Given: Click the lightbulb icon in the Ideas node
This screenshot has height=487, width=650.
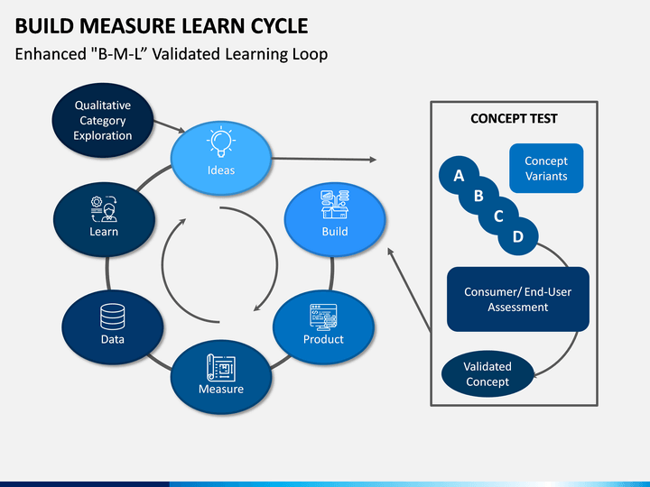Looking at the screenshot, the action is tap(221, 142).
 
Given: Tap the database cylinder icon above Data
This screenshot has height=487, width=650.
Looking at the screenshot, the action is tap(112, 317).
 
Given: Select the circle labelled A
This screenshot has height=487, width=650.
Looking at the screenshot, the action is tap(459, 175).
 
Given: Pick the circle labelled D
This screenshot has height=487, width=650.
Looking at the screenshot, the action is tap(518, 236).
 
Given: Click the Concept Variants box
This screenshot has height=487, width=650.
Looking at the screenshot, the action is tap(546, 168).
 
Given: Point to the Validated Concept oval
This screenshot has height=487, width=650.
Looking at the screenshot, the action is tap(487, 374).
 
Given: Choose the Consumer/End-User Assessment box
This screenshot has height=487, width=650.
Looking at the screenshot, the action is tap(518, 299).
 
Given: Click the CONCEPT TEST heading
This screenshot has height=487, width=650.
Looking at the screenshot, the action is tap(514, 118).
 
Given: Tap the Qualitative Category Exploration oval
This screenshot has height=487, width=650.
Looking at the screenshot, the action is tap(103, 120).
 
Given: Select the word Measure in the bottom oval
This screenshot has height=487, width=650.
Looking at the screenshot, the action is tap(221, 389).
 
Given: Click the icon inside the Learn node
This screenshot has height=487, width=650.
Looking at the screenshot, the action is tap(104, 208).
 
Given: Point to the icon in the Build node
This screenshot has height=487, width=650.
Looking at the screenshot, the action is tap(335, 204).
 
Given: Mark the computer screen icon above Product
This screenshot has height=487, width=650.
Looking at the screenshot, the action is tap(323, 317).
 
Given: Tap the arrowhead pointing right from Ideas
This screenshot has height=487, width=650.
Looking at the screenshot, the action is tap(373, 160).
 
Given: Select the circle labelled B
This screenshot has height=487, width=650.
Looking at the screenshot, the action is tap(478, 196).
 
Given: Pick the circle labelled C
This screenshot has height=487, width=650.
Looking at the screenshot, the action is tap(498, 216).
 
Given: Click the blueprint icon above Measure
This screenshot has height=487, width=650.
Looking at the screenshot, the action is tap(221, 368).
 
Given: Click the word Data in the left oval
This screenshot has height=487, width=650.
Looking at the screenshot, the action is tap(112, 339).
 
